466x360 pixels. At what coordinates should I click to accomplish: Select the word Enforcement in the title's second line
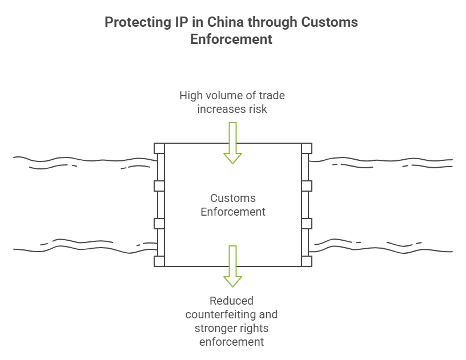click(x=231, y=40)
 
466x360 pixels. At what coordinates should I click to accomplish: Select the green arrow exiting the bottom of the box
click(x=232, y=266)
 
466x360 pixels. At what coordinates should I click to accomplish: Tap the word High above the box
click(x=191, y=95)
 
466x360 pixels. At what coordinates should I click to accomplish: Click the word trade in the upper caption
click(x=271, y=95)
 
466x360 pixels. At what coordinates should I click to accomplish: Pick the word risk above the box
click(x=257, y=108)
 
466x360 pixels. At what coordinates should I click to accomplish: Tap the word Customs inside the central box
click(x=233, y=199)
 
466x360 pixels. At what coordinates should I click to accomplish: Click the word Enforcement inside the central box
click(x=233, y=212)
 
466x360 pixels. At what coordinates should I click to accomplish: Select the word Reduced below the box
click(x=231, y=301)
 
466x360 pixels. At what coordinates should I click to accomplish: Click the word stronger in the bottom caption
click(x=215, y=328)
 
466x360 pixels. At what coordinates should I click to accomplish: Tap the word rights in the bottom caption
click(x=254, y=328)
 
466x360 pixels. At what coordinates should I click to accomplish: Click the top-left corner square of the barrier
click(x=159, y=148)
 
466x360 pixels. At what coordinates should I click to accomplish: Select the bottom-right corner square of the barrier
click(x=307, y=261)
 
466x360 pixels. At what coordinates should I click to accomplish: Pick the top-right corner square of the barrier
click(x=307, y=148)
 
